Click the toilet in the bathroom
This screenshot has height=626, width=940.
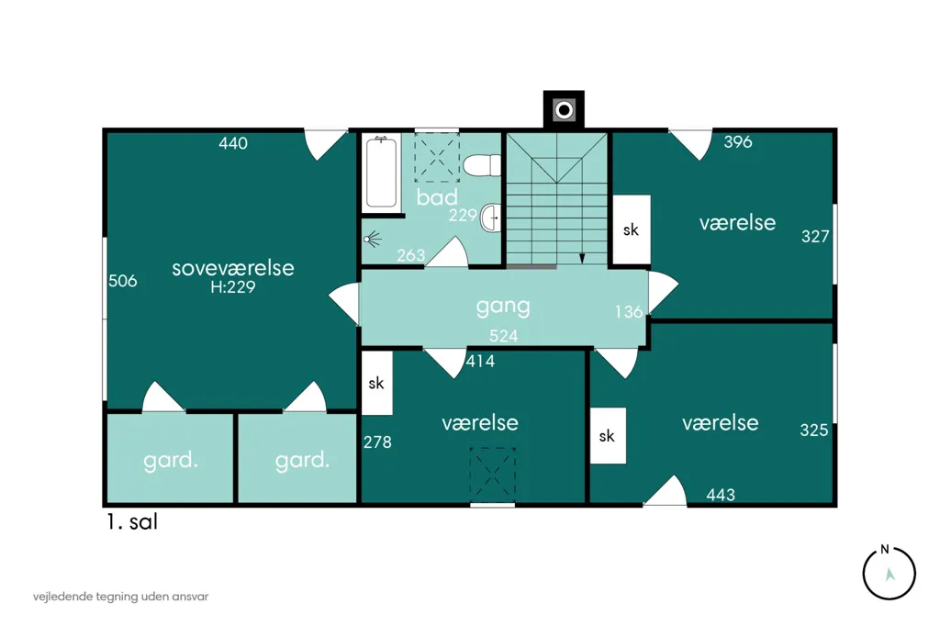482,165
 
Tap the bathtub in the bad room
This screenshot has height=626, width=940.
381,172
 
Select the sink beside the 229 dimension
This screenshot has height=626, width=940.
490,218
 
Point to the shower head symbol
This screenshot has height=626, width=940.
373,240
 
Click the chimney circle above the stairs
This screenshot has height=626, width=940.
564,110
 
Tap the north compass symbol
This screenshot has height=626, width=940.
889,573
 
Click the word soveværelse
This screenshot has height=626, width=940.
233,268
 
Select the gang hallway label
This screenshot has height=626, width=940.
503,307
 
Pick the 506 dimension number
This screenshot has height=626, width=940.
123,281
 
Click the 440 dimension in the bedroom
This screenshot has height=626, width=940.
233,143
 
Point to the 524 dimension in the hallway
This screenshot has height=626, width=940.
504,336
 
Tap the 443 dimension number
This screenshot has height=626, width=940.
721,495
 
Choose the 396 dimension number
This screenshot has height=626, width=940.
738,142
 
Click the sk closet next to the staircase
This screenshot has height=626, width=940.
632,229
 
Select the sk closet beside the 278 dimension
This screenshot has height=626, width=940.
377,383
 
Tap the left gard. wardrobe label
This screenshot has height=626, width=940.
171,461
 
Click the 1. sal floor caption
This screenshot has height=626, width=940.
132,521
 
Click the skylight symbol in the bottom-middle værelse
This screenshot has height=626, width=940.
492,475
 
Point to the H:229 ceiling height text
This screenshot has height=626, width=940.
233,287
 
